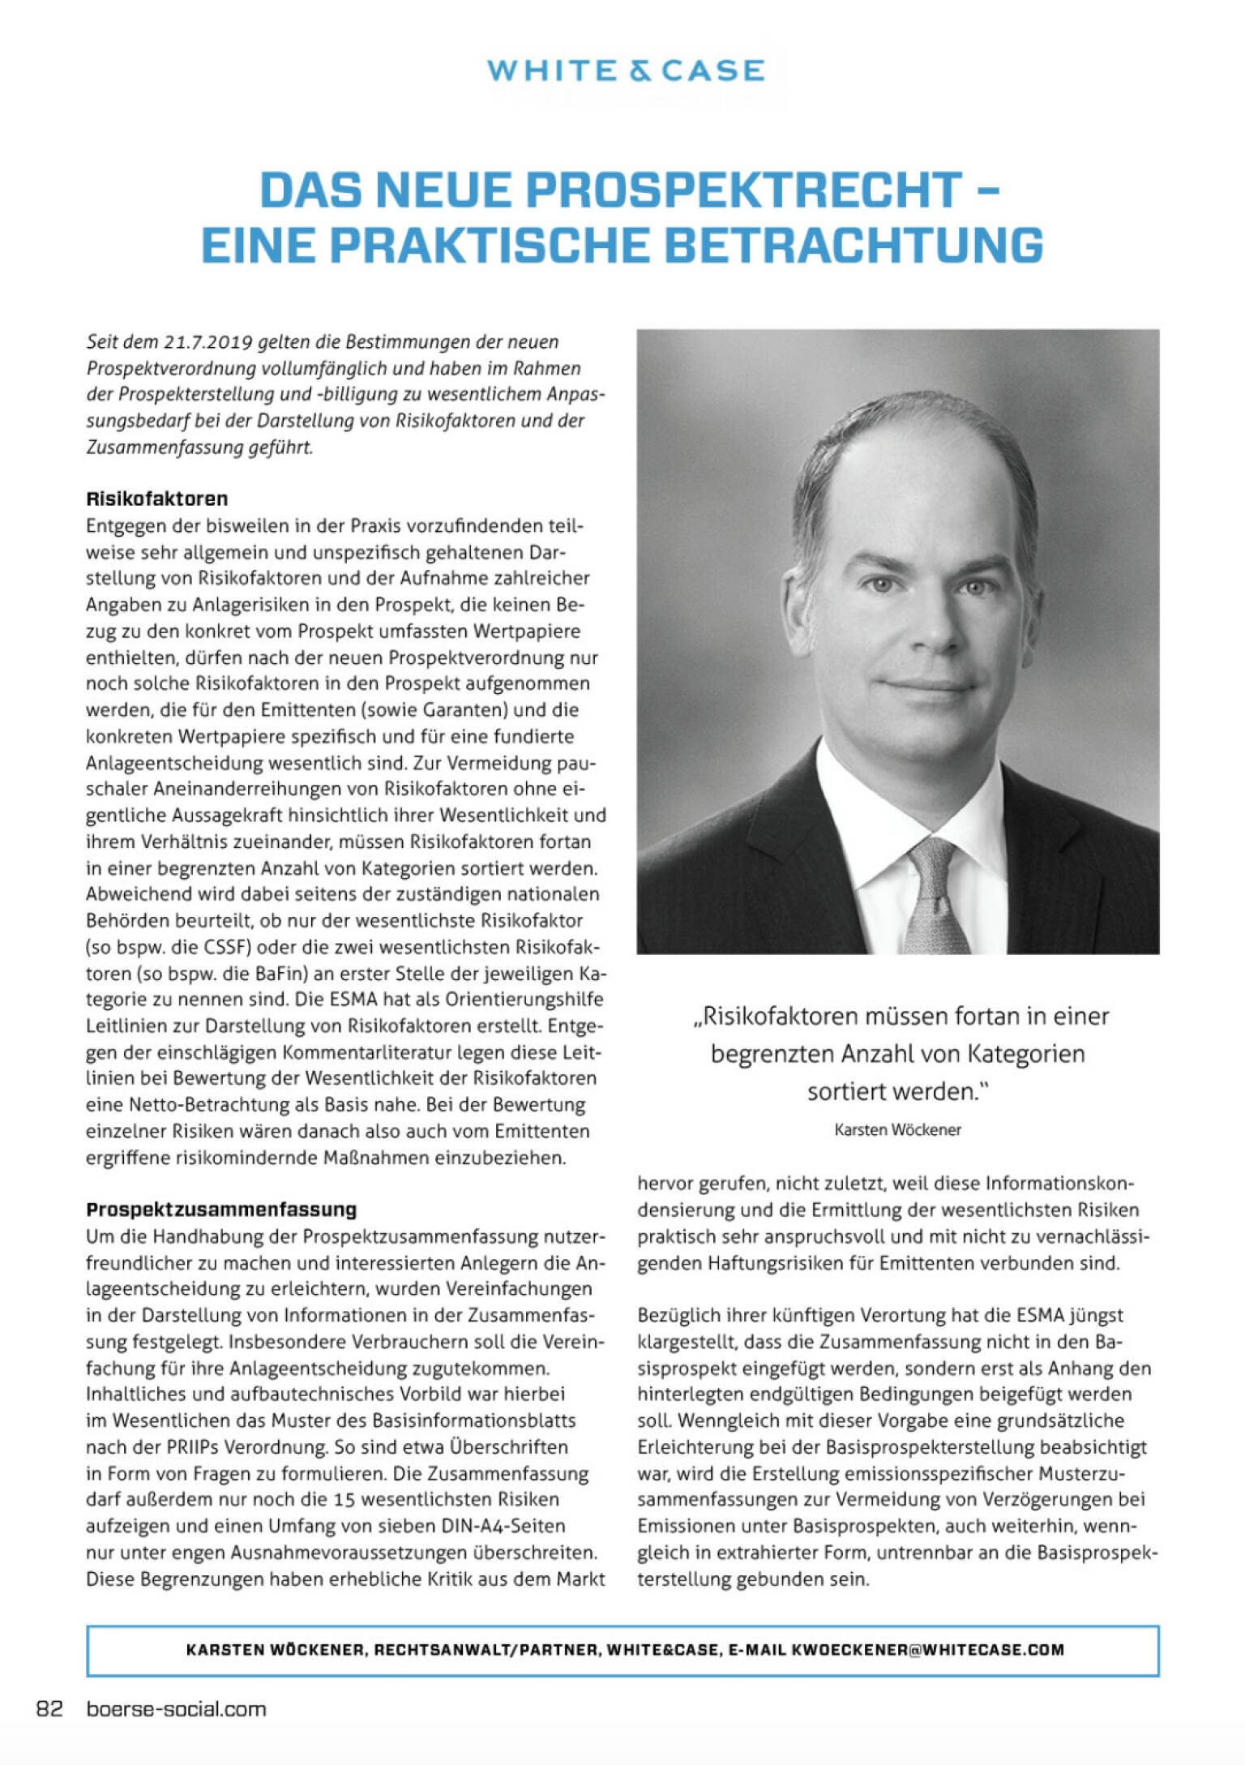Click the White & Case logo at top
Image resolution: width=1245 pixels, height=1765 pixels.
(x=625, y=71)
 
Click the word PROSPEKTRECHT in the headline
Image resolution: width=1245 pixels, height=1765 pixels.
(x=743, y=191)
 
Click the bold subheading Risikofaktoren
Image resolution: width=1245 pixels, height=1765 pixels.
(x=156, y=499)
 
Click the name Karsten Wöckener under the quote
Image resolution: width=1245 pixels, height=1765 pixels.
(x=897, y=1130)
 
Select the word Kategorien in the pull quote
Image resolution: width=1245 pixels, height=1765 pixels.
(x=1019, y=1054)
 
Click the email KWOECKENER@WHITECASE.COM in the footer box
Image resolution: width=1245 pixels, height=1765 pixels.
(x=927, y=1650)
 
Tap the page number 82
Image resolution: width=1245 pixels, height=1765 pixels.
(x=49, y=1709)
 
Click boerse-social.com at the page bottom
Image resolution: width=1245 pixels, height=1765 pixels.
(x=176, y=1709)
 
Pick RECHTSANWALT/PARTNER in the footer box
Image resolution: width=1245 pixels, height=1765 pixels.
(x=486, y=1650)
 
